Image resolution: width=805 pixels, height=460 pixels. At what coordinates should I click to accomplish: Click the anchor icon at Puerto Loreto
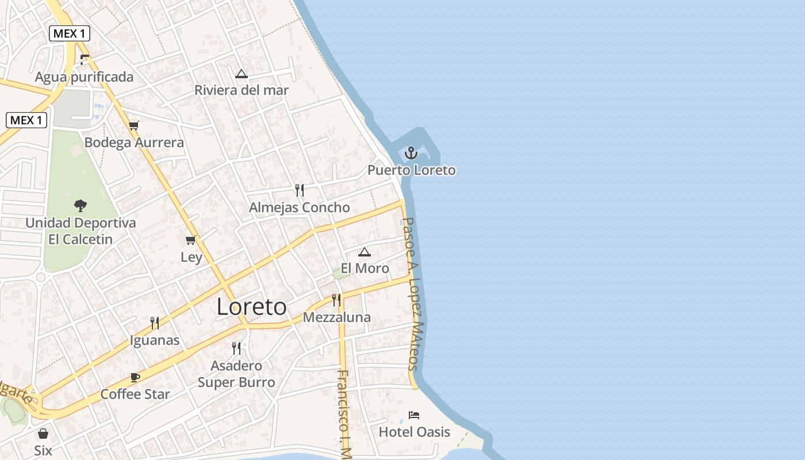click(x=411, y=153)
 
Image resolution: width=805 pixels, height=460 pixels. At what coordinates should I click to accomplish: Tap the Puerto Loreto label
click(x=411, y=170)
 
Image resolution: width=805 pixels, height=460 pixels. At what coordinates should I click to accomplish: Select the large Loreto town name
click(x=251, y=307)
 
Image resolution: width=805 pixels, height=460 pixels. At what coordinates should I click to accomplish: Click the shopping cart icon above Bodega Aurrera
click(x=134, y=125)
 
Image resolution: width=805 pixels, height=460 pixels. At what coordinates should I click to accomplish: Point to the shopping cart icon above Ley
click(x=191, y=240)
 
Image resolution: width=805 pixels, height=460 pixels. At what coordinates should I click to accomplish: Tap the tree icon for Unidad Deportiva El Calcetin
click(x=80, y=205)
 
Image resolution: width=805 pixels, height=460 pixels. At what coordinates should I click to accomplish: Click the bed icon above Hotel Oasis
click(x=414, y=415)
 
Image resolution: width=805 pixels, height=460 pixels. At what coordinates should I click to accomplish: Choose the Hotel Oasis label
click(x=414, y=432)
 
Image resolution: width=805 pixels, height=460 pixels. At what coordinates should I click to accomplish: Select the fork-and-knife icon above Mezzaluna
click(x=336, y=300)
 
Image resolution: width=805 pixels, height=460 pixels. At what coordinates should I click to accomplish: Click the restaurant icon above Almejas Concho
click(x=300, y=190)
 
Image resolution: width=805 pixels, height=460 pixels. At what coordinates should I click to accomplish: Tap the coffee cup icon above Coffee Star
click(x=135, y=377)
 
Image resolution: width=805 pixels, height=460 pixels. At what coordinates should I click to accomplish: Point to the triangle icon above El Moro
click(x=365, y=252)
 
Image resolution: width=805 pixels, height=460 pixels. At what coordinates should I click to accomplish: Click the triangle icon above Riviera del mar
click(x=241, y=74)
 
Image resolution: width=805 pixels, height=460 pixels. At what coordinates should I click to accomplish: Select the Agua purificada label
click(x=84, y=77)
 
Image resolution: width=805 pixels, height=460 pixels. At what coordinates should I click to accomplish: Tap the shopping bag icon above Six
click(x=43, y=434)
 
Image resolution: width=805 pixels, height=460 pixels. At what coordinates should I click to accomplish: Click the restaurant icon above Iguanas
click(x=155, y=323)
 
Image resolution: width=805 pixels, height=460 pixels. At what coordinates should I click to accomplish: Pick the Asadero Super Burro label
click(x=236, y=374)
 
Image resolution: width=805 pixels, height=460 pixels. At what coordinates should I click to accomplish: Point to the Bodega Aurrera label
click(x=134, y=143)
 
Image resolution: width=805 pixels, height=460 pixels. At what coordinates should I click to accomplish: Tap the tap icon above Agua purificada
click(x=85, y=59)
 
